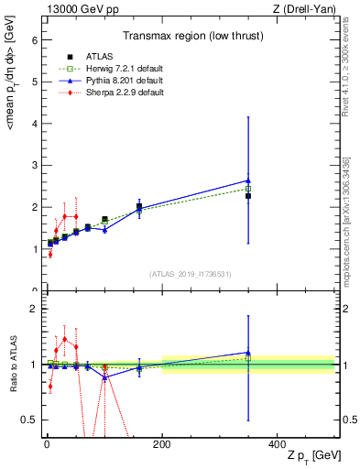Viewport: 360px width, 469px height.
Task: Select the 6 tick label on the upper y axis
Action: pos(34,40)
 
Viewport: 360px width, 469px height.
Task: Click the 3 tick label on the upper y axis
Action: pos(34,166)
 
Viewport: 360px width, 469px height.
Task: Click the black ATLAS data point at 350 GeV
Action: pos(248,196)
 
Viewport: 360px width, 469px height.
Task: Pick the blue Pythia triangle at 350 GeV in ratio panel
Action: pos(248,353)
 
